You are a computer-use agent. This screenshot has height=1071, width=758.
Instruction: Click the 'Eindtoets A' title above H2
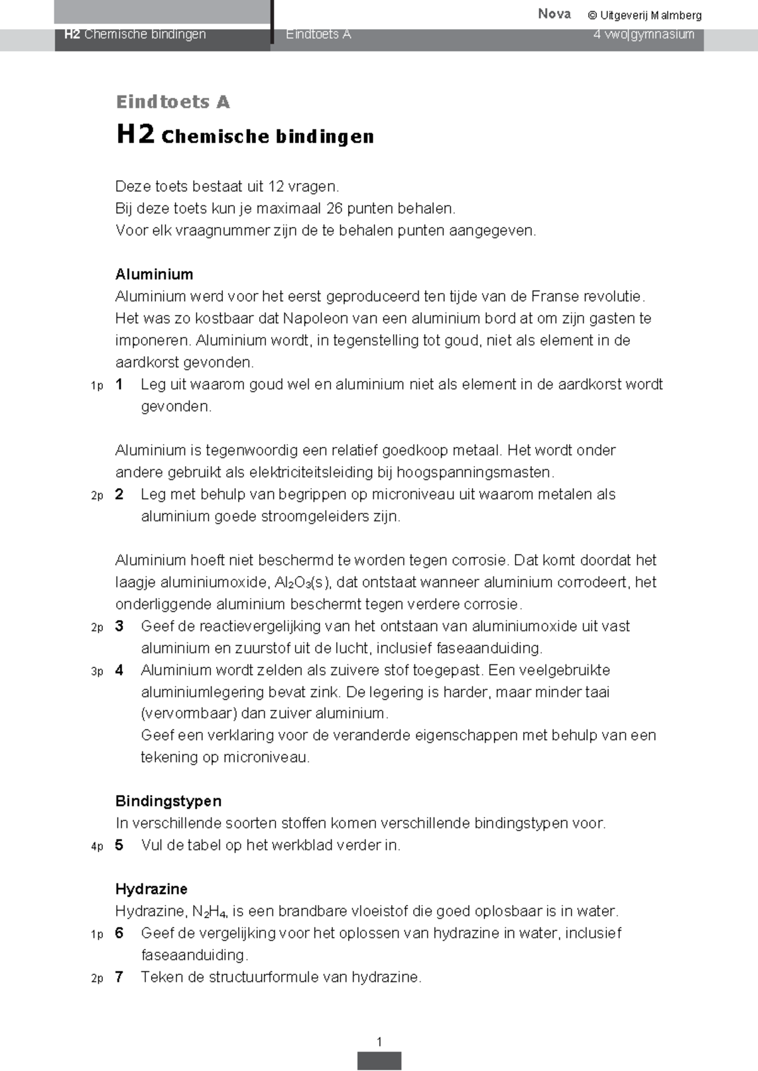pyautogui.click(x=172, y=102)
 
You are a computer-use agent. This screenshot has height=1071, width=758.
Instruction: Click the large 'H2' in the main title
pyautogui.click(x=135, y=135)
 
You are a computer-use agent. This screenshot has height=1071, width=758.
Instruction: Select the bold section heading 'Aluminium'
pyautogui.click(x=153, y=274)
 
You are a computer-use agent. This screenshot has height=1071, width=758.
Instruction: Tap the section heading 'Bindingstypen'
pyautogui.click(x=168, y=801)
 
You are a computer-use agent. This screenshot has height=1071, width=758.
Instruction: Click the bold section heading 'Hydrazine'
pyautogui.click(x=151, y=889)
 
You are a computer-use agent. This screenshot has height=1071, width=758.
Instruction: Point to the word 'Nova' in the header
pyautogui.click(x=554, y=14)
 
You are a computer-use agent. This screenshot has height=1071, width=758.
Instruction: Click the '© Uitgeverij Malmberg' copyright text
pyautogui.click(x=644, y=15)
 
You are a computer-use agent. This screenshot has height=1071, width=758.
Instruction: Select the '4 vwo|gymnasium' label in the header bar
pyautogui.click(x=643, y=34)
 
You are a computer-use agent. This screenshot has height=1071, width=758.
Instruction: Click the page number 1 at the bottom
pyautogui.click(x=379, y=1042)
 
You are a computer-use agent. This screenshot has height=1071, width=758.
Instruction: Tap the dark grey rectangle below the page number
pyautogui.click(x=379, y=1060)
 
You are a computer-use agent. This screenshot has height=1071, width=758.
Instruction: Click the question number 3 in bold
pyautogui.click(x=119, y=626)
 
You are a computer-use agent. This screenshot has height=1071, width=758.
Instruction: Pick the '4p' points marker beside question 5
pyautogui.click(x=97, y=846)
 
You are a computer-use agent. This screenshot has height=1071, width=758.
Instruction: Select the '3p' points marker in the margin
pyautogui.click(x=97, y=671)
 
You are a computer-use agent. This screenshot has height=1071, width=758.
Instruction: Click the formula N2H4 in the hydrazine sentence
pyautogui.click(x=210, y=912)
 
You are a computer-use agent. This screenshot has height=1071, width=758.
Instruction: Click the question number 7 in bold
pyautogui.click(x=119, y=977)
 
